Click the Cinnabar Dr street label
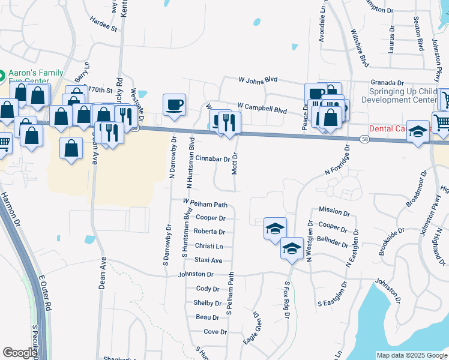[x=212, y=158]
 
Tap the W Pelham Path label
[x=205, y=204]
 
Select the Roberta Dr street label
[x=209, y=232]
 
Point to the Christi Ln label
[x=209, y=246]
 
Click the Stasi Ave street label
[x=208, y=260]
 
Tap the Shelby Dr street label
[x=208, y=303]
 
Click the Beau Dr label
[x=207, y=317]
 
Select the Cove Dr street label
[x=215, y=331]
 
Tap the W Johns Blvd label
[x=258, y=79]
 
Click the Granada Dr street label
[x=387, y=83]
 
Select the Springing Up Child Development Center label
[x=402, y=95]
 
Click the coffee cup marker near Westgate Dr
[x=174, y=104]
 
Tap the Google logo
[x=19, y=353]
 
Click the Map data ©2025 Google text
[x=411, y=355]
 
